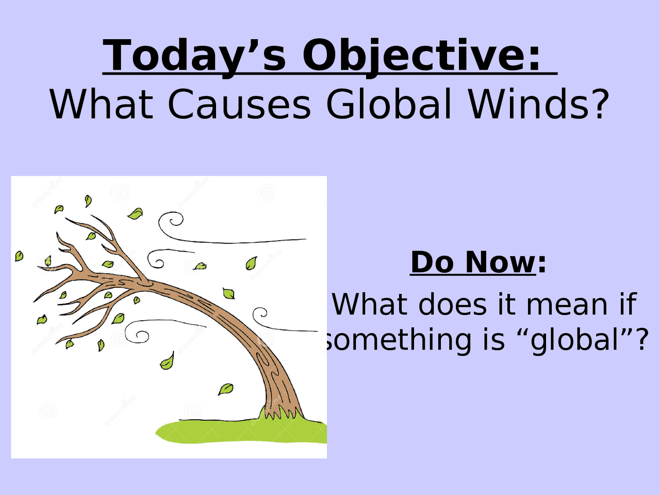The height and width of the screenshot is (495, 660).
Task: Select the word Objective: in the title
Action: click(x=421, y=57)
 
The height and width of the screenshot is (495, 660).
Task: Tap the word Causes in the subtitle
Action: click(x=239, y=104)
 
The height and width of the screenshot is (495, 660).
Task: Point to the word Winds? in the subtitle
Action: click(x=538, y=104)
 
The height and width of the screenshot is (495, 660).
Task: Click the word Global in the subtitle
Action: click(x=389, y=104)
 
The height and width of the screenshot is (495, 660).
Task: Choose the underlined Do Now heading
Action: click(x=473, y=262)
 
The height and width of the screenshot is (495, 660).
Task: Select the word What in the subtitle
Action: click(x=102, y=104)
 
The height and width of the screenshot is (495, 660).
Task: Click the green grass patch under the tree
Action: click(x=241, y=431)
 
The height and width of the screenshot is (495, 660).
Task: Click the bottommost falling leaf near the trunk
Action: click(x=225, y=389)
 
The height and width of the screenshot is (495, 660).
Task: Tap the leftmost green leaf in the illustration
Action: click(x=19, y=256)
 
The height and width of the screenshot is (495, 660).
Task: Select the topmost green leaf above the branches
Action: click(x=88, y=201)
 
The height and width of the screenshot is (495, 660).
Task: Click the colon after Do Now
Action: click(x=541, y=265)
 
